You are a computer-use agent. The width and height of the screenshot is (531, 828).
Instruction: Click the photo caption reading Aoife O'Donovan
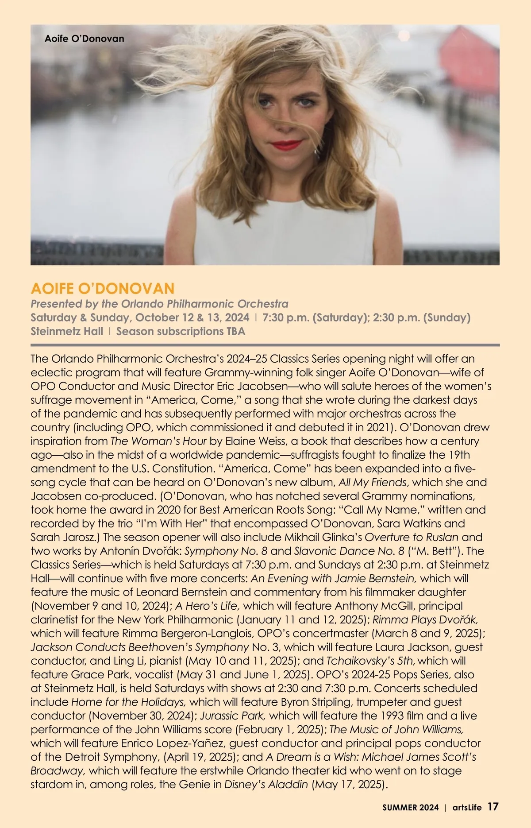pos(84,39)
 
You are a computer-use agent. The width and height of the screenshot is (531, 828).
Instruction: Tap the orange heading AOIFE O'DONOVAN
pos(103,289)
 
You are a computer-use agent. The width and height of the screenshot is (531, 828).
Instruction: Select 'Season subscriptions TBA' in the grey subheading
pos(181,331)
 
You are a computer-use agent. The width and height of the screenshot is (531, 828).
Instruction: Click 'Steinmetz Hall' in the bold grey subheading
pos(67,331)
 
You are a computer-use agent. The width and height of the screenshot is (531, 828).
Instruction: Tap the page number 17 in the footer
pos(493,807)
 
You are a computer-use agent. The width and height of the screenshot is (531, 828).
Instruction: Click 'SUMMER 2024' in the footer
pos(411,807)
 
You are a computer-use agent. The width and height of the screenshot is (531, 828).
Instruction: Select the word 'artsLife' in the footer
pos(467,807)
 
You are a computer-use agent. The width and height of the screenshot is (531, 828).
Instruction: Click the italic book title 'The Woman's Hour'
pos(158,441)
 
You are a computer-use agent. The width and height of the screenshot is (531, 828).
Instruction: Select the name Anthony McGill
pos(375,606)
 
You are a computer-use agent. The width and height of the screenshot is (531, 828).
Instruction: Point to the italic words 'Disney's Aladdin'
pos(266,784)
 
